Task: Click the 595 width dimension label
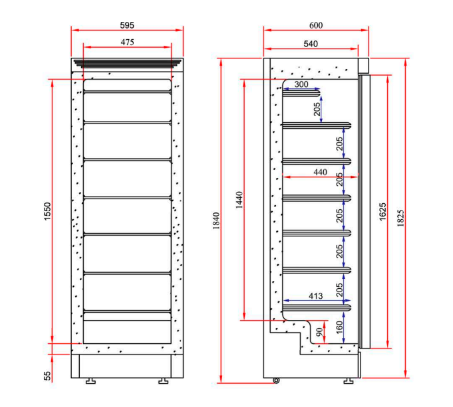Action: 127,25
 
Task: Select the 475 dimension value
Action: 127,42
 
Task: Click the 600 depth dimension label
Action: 316,25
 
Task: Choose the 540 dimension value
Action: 310,44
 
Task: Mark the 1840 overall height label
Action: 214,223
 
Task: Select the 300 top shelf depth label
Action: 301,85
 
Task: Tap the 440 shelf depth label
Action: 320,172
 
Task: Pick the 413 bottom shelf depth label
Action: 315,295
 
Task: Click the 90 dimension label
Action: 319,333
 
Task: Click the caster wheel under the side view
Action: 276,380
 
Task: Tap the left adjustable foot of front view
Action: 89,381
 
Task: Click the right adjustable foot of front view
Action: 162,381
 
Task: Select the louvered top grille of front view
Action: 127,64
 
